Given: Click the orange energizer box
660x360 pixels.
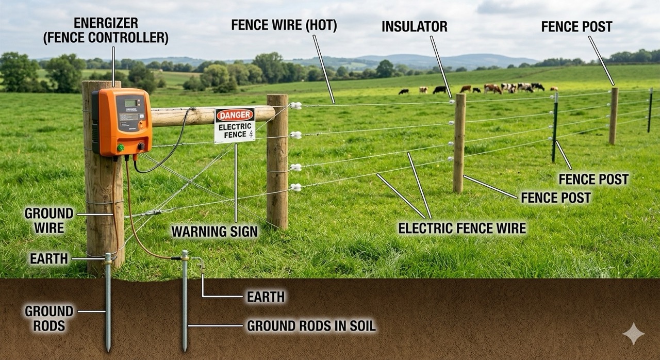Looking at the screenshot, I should (122, 121).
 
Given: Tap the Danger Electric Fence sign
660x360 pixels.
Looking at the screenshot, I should (235, 125).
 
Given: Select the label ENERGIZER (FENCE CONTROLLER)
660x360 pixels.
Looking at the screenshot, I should (121, 30).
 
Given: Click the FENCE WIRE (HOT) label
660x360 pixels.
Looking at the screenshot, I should (284, 26).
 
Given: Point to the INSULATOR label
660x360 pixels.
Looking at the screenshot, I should (414, 27).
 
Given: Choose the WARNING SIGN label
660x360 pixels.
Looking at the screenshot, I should (214, 232).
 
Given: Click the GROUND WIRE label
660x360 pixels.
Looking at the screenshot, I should (49, 220).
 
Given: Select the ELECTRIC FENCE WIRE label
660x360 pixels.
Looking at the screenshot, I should (462, 227).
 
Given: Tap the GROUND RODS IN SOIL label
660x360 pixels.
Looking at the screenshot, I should (311, 325).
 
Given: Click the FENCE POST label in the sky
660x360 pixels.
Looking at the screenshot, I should (576, 27).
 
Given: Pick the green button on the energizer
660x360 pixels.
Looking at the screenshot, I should (121, 148).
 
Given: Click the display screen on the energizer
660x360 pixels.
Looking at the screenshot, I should (131, 103).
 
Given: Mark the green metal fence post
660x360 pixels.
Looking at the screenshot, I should (554, 126).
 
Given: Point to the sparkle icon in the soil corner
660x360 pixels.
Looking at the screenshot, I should (633, 334).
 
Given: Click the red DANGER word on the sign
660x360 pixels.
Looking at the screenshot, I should (235, 115).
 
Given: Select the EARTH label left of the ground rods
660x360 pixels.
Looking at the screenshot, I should (49, 258).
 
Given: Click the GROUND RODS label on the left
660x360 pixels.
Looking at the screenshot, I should (49, 318).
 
